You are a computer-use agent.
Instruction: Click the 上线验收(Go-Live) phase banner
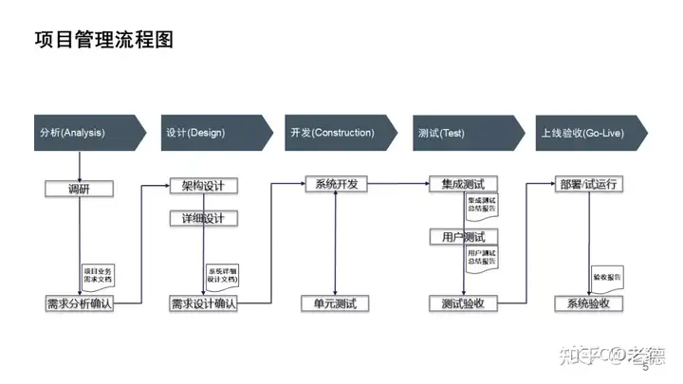[588, 133]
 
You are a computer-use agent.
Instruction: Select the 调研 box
[79, 188]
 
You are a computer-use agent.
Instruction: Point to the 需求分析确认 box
[79, 303]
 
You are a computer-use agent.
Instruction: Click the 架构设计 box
[203, 185]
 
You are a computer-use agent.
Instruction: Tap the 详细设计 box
[203, 218]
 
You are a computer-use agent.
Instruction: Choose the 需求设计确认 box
[203, 303]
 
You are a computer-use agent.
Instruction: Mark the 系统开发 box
[336, 184]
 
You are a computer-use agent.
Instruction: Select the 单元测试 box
[335, 303]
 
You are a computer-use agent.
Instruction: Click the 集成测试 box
[463, 184]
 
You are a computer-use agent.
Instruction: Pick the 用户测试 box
[463, 237]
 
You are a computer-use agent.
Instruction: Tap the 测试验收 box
[463, 303]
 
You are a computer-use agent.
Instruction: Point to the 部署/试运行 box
[588, 184]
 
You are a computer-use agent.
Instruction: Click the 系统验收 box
[588, 303]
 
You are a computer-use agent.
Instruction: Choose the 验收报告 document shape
[607, 278]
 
